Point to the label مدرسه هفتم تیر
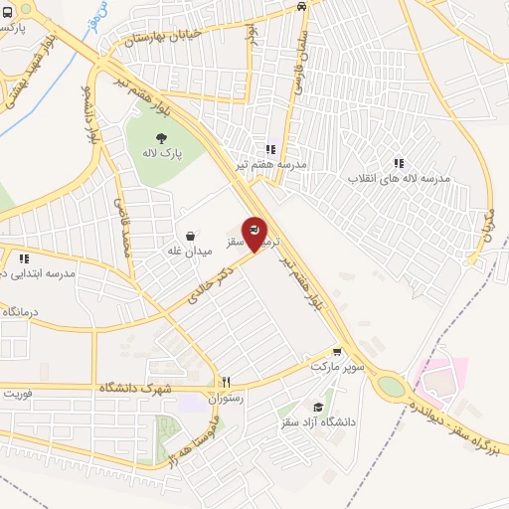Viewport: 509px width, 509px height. (x=271, y=164)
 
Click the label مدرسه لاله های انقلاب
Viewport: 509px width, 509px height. (x=399, y=179)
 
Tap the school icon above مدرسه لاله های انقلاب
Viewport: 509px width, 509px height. (x=399, y=163)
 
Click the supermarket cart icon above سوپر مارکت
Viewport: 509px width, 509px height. (x=337, y=351)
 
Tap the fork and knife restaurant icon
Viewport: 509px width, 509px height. (x=226, y=382)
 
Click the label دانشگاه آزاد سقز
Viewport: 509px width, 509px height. (x=320, y=423)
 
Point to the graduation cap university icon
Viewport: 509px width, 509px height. (x=318, y=407)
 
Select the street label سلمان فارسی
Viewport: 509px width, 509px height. (x=295, y=64)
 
